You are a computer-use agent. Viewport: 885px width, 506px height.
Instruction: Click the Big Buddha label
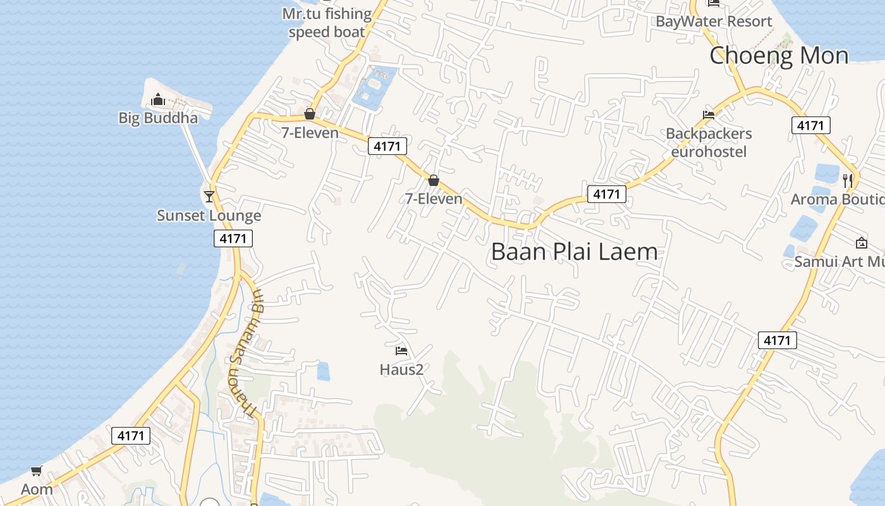158,118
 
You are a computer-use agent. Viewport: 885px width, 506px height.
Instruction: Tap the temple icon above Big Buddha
157,99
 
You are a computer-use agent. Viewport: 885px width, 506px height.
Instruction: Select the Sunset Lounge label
209,216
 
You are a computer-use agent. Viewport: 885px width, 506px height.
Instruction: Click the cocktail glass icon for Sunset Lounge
209,196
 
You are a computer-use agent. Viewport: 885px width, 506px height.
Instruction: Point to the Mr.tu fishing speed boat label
327,23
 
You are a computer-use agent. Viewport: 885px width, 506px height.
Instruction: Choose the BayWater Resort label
714,22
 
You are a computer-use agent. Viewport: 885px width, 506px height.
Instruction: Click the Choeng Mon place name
779,56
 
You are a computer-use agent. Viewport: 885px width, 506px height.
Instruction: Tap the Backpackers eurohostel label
709,142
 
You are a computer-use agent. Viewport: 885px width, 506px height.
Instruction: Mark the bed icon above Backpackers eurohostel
709,115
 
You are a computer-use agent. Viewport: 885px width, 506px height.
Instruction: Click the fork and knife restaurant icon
848,180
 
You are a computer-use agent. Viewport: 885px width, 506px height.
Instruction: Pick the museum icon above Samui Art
861,242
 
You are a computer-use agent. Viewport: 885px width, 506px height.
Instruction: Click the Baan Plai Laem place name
574,252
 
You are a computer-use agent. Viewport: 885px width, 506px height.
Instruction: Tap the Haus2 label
401,369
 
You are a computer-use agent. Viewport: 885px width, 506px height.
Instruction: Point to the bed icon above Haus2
401,350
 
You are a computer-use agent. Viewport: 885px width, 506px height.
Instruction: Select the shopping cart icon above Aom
36,471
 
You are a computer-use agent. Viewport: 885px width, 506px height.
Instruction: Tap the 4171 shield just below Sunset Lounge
233,238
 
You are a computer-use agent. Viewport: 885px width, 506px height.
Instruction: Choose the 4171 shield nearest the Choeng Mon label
810,125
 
